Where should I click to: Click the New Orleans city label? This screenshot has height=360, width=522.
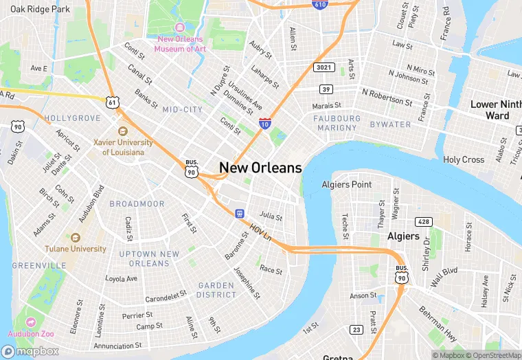coord(260,168)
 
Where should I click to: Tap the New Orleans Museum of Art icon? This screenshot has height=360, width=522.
coord(181,27)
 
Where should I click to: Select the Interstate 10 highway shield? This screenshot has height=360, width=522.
coord(265,124)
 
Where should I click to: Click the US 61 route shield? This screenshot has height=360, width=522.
coord(113,102)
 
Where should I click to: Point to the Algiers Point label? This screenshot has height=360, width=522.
coord(347,184)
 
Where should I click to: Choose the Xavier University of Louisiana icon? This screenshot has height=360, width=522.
coord(123,131)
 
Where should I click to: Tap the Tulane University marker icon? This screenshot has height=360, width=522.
coord(76,237)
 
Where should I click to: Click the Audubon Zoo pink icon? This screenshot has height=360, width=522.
coord(31,322)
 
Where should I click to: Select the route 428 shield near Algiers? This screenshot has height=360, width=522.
coord(424,221)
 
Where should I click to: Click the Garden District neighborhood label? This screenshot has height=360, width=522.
coord(216,290)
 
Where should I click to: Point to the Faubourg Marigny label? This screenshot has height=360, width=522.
coord(337,123)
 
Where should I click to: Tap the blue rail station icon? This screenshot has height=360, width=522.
coord(240,214)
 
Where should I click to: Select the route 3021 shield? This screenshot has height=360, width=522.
coord(324,67)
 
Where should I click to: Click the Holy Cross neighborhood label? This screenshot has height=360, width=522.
coord(464,159)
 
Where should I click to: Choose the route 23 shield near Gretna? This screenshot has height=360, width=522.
coord(356,330)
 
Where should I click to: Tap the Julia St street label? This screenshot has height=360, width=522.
coord(271,216)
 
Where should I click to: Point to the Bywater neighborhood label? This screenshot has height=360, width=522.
coord(389,124)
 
